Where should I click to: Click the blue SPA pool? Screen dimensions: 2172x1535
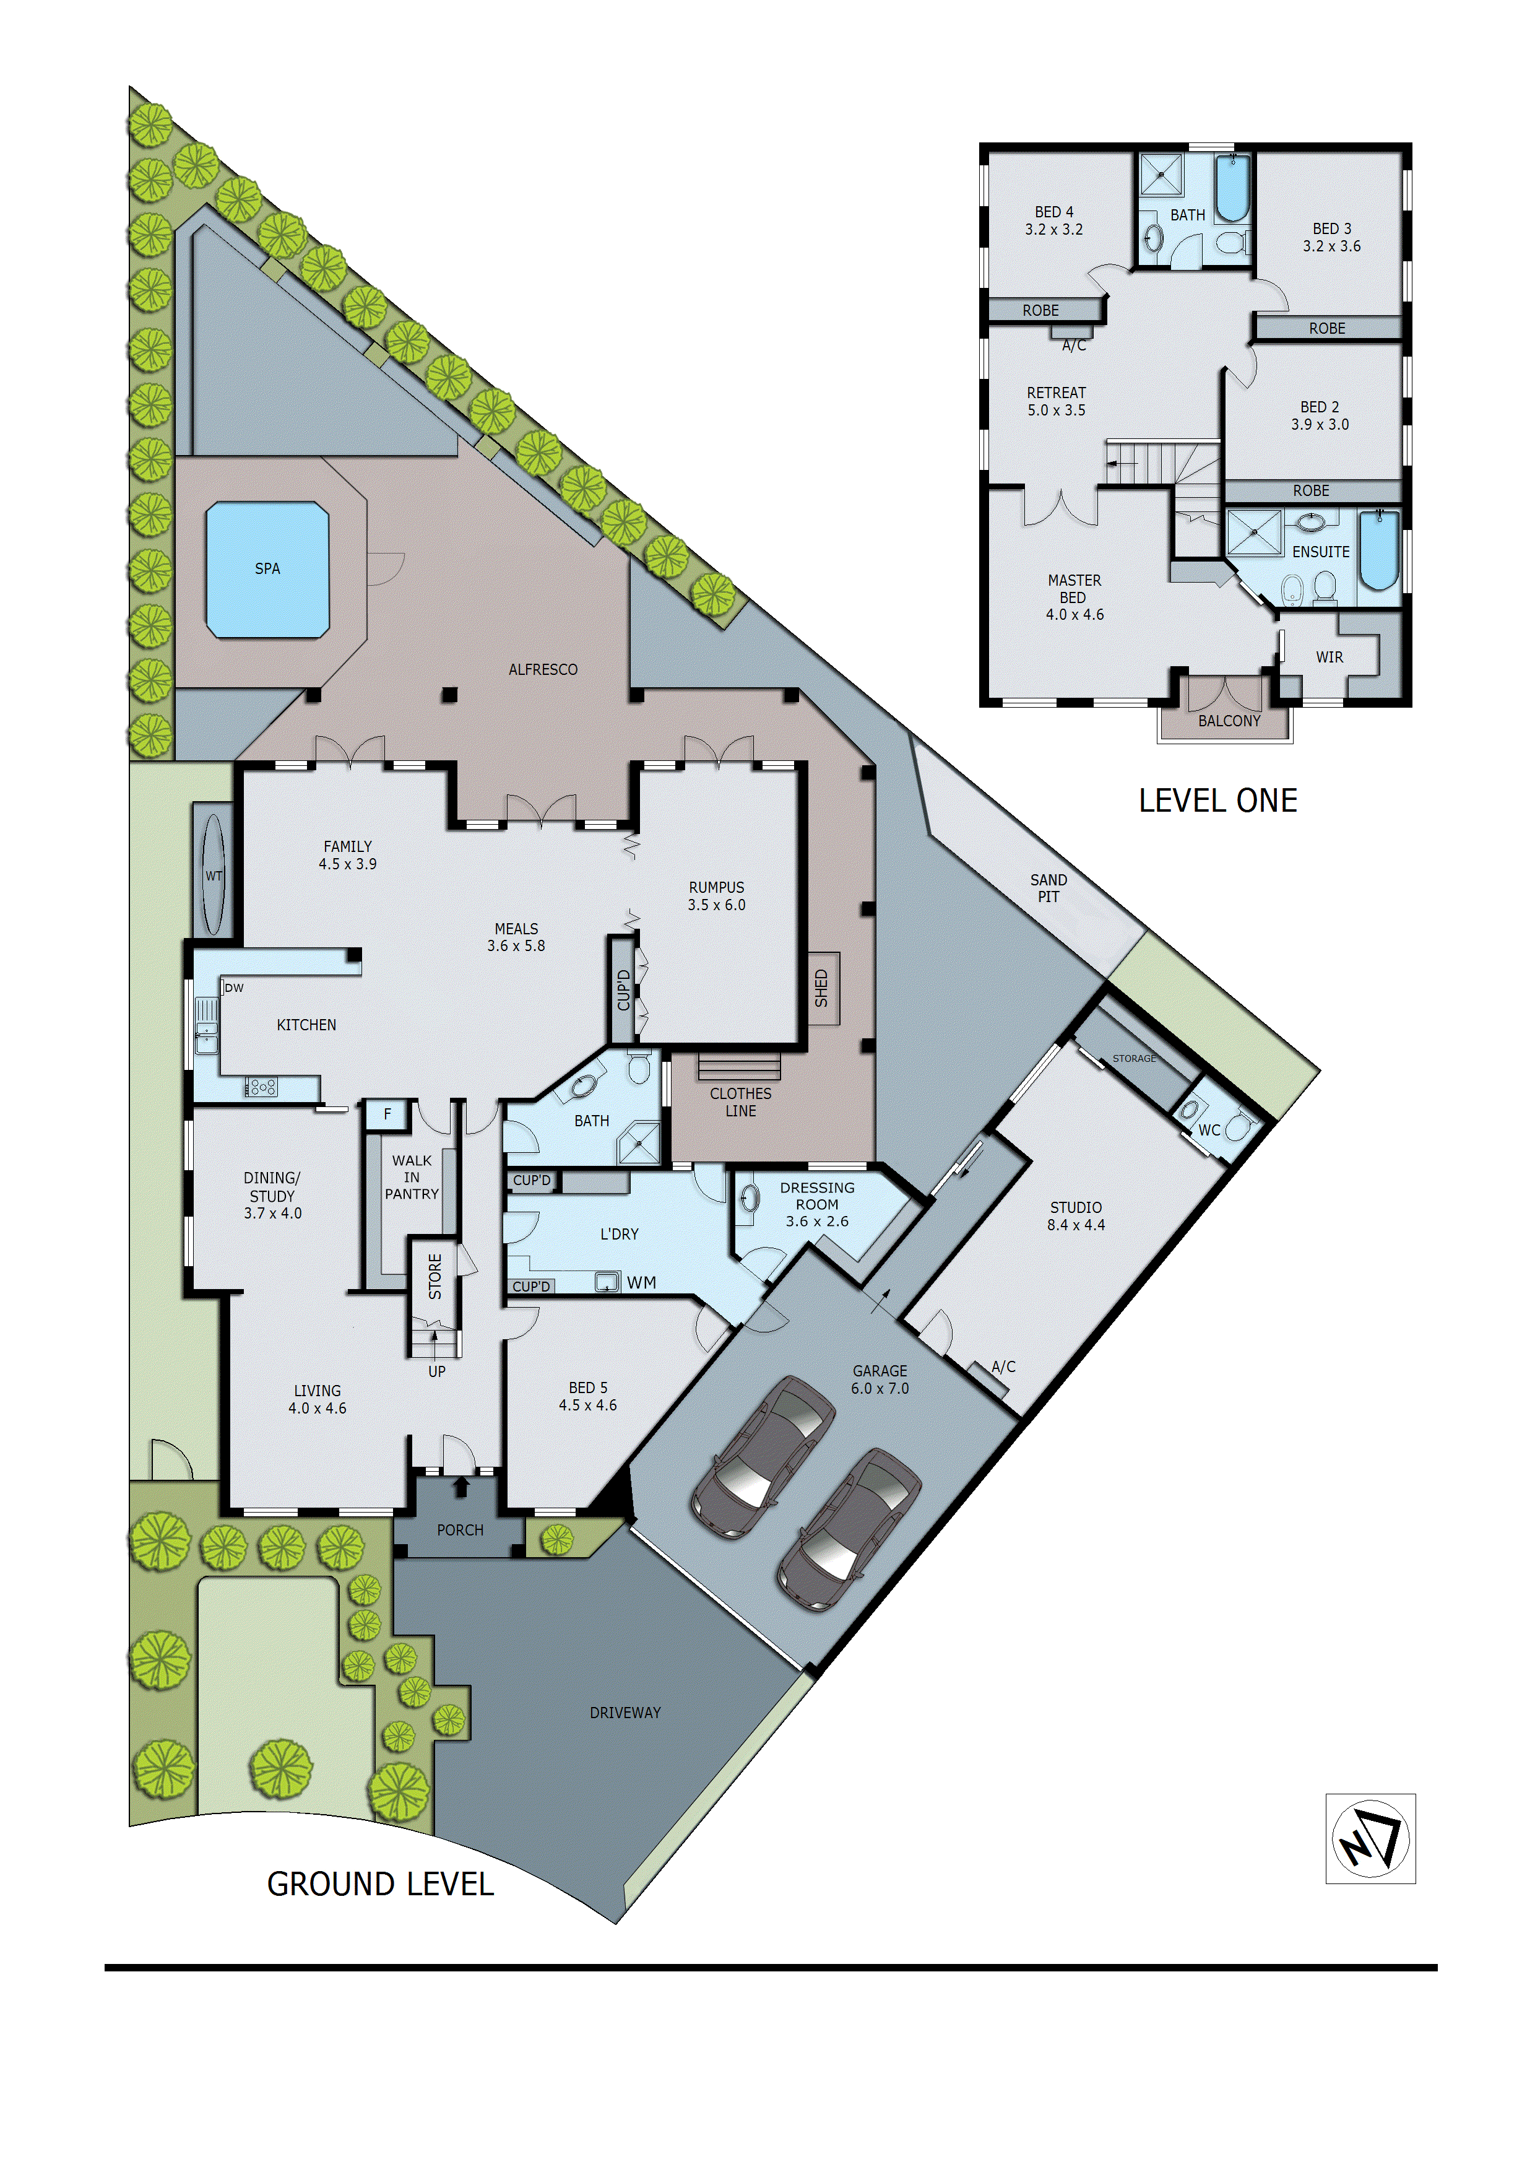(x=267, y=570)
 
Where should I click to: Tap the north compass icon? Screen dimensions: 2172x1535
(x=1370, y=1838)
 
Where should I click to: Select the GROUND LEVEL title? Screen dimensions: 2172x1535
(x=380, y=1883)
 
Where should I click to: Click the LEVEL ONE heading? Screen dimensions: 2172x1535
(x=1217, y=801)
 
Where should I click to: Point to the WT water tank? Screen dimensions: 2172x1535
(x=214, y=875)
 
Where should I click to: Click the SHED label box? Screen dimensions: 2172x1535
(x=822, y=988)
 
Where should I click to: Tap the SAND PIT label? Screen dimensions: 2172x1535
(x=1048, y=887)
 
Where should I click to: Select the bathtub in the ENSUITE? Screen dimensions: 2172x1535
(x=1379, y=550)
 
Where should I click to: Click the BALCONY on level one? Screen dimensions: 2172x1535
(x=1229, y=720)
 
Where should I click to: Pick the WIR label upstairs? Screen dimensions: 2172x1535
(x=1329, y=656)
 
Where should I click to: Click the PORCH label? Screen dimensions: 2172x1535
(x=460, y=1530)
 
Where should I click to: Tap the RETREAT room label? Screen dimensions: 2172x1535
(x=1057, y=393)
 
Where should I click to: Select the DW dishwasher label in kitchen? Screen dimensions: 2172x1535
(x=235, y=988)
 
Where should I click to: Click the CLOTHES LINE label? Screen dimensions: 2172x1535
(x=740, y=1102)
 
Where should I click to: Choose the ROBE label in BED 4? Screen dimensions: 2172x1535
(x=1040, y=310)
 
